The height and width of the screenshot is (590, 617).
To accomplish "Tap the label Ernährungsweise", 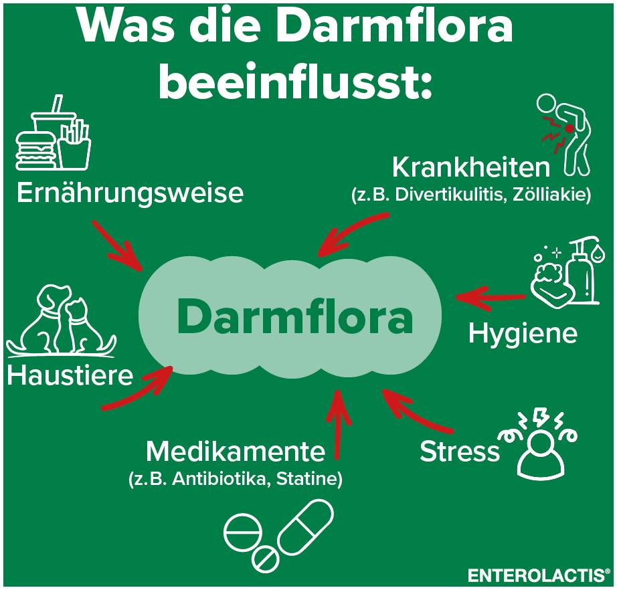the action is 130,193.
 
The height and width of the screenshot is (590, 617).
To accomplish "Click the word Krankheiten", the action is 471,167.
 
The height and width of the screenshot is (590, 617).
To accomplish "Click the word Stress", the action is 460,451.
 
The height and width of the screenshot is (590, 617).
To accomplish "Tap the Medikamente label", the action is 236,452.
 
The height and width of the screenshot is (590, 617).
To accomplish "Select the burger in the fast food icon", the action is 35,151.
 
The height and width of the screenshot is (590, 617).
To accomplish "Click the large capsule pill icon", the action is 305,526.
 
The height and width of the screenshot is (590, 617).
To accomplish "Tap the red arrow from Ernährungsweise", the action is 117,246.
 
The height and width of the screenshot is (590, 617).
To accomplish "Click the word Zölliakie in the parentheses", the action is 551,195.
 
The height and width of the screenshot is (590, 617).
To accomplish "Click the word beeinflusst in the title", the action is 295,82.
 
